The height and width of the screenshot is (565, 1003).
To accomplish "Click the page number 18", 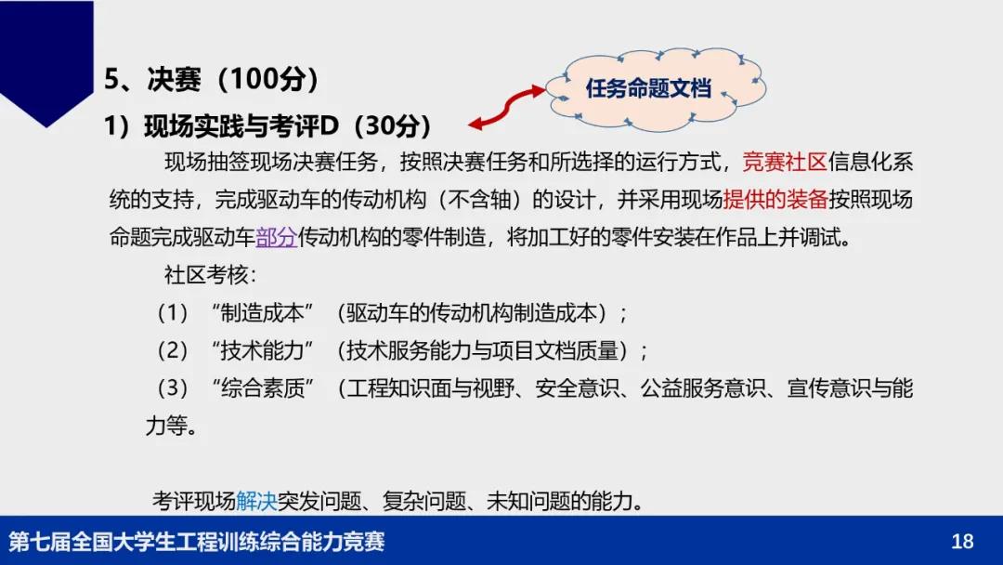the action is (962, 542).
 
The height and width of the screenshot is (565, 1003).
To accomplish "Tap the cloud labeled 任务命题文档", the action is (655, 89).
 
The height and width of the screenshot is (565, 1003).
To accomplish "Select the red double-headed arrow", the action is (507, 107).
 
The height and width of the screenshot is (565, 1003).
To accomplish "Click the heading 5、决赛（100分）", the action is (211, 79).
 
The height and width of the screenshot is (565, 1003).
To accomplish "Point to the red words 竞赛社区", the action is (785, 162).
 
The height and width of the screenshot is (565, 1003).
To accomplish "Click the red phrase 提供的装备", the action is (775, 200).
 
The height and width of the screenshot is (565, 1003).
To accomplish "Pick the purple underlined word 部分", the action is (277, 237).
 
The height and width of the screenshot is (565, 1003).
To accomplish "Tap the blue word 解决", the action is (256, 500).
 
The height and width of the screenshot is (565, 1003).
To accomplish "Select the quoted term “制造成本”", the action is (262, 313).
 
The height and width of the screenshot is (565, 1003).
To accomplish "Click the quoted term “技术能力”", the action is (262, 350).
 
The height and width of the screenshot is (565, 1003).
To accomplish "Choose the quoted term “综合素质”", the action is (263, 388).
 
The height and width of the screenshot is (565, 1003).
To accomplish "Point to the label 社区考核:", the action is (210, 275).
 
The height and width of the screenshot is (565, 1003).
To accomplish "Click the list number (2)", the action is (173, 350).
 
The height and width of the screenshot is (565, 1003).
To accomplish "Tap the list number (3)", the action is (173, 388).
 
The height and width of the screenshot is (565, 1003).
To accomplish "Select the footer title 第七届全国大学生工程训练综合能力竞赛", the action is (197, 542).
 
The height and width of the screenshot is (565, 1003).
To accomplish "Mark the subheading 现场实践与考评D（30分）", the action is (288, 126).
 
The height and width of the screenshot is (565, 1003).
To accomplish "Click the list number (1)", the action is (173, 313).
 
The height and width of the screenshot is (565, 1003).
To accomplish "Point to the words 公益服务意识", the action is (703, 388).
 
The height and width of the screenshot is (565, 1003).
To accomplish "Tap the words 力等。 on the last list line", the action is (171, 426).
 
